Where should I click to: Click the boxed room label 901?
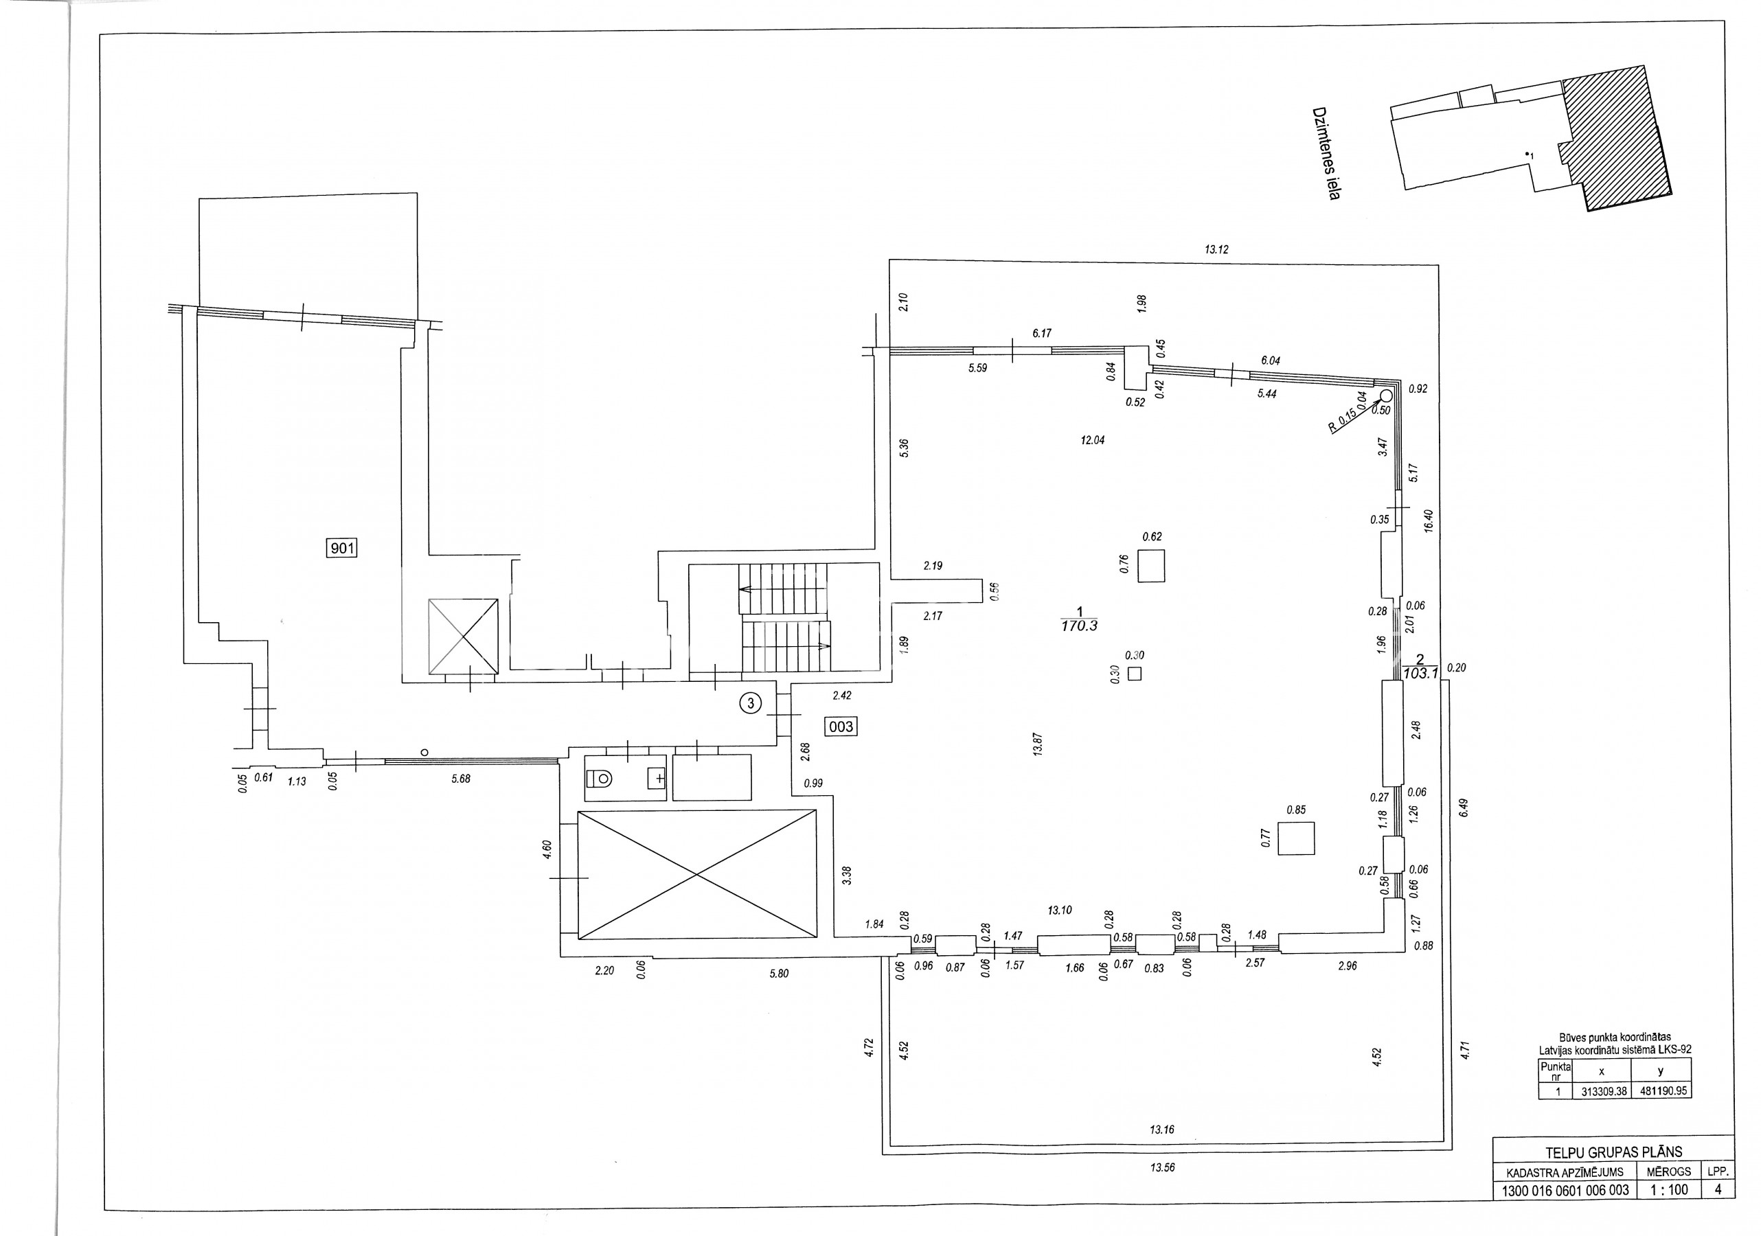click(x=342, y=547)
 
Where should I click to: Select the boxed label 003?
click(x=841, y=726)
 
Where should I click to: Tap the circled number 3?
click(x=751, y=702)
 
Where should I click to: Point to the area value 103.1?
click(x=1419, y=673)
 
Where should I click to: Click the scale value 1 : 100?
click(x=1669, y=1190)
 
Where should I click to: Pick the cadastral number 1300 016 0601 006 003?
click(x=1565, y=1191)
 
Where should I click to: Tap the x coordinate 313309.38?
click(x=1604, y=1091)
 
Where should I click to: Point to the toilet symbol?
click(x=600, y=778)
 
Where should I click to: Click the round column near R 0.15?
click(x=1386, y=396)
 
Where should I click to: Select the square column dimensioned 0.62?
click(x=1150, y=566)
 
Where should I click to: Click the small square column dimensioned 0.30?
click(x=1135, y=674)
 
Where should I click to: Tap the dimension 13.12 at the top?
click(x=1216, y=249)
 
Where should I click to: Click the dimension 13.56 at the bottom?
click(x=1162, y=1168)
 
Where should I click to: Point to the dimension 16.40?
click(x=1427, y=521)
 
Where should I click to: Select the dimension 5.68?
click(x=461, y=779)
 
